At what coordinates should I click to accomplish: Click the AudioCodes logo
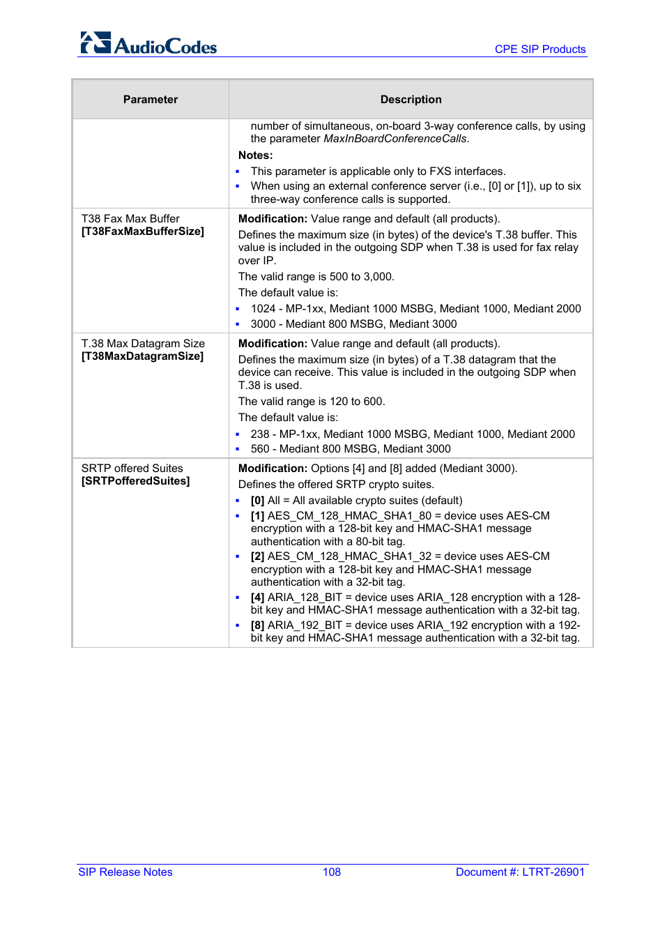click(148, 44)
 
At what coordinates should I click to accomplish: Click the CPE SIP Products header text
click(540, 50)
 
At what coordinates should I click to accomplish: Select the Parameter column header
click(151, 100)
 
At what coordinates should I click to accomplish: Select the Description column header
click(411, 100)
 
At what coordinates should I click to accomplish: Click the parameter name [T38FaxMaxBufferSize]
click(143, 231)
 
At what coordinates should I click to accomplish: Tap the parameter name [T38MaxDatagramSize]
click(142, 356)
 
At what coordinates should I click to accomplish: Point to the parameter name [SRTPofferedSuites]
click(135, 481)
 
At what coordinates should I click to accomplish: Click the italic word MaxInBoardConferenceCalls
click(395, 139)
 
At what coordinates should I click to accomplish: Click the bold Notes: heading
click(255, 155)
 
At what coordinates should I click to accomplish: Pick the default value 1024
click(263, 309)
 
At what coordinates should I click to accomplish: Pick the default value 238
click(259, 434)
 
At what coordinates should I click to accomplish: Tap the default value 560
click(259, 449)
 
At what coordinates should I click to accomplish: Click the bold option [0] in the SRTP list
click(257, 501)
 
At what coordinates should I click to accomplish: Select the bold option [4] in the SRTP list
click(257, 598)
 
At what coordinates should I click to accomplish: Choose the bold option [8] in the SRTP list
click(257, 625)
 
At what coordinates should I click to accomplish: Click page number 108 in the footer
click(332, 872)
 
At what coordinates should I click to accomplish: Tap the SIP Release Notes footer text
click(125, 872)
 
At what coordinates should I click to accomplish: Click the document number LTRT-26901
click(553, 872)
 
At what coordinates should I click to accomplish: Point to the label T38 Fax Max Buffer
click(130, 219)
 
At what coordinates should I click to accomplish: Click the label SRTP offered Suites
click(132, 469)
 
